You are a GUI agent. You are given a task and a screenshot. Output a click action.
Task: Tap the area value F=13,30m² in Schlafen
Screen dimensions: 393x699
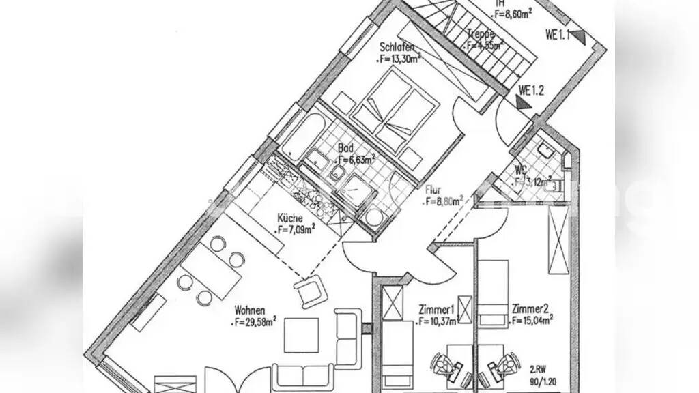pyautogui.click(x=399, y=59)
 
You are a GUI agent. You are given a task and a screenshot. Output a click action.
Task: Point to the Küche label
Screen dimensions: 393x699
pyautogui.click(x=289, y=218)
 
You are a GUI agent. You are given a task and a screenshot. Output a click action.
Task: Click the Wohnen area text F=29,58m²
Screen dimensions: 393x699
pyautogui.click(x=255, y=319)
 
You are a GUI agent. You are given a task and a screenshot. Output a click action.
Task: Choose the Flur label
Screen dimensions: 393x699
pyautogui.click(x=433, y=191)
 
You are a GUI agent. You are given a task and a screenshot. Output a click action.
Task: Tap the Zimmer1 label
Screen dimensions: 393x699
pyautogui.click(x=438, y=309)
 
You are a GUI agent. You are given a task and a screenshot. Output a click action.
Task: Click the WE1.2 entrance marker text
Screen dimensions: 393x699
pyautogui.click(x=531, y=89)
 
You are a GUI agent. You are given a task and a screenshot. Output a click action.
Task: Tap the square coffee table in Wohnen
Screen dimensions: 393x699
pyautogui.click(x=301, y=335)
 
